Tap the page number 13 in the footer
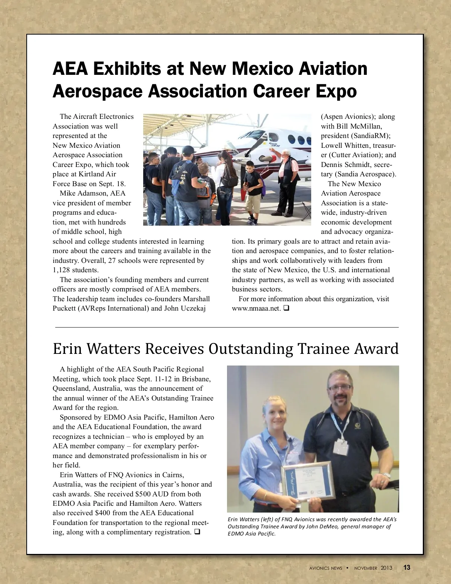[x=407, y=567]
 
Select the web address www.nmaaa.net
[x=256, y=308]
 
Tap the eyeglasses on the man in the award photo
[x=340, y=387]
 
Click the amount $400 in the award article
[x=103, y=513]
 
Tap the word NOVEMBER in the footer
[x=366, y=568]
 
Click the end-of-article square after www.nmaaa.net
[x=286, y=308]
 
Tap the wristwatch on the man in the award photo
[x=384, y=476]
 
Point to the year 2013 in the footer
[x=386, y=568]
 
